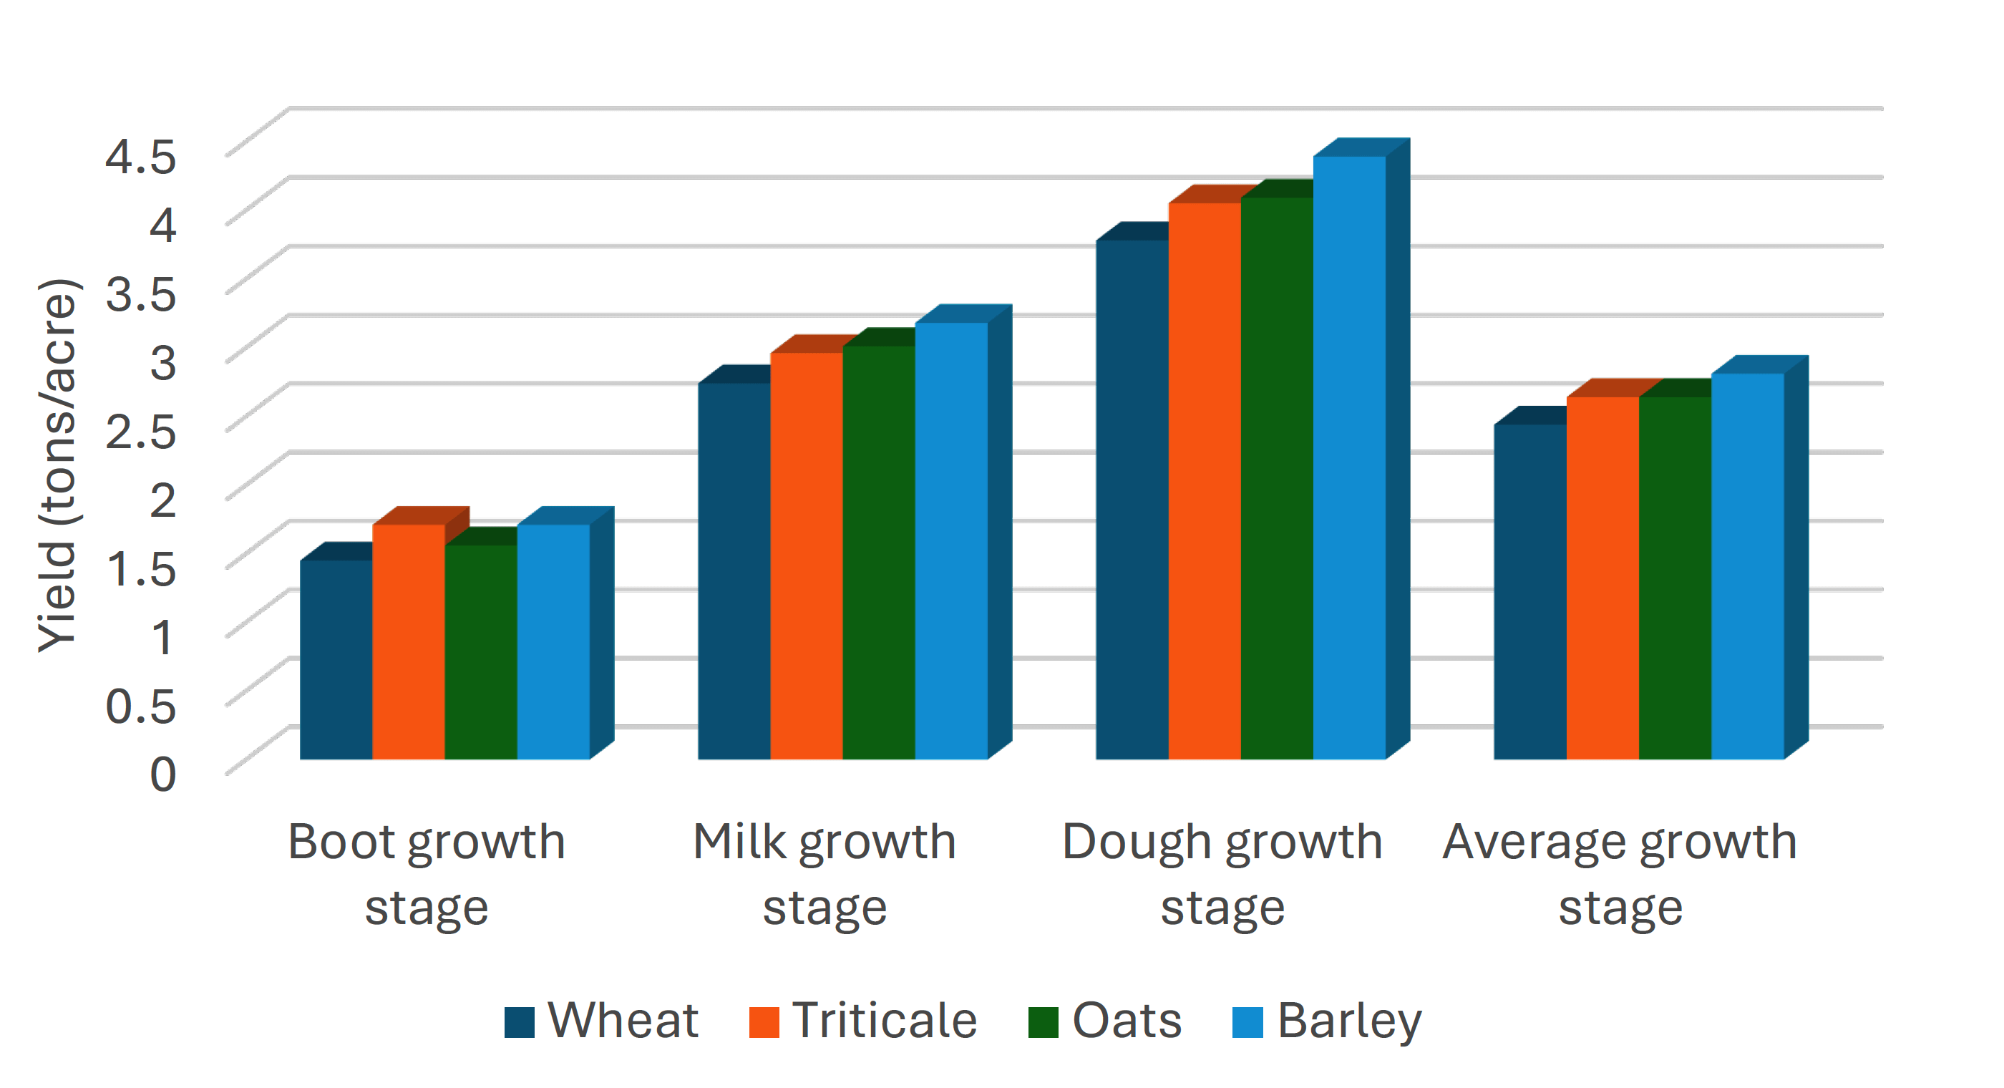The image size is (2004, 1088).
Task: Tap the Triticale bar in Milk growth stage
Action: coord(807,555)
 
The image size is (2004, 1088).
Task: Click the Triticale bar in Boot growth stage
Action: coord(409,641)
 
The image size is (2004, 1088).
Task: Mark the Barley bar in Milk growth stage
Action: coord(950,540)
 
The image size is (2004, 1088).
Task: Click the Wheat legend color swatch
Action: coord(519,1022)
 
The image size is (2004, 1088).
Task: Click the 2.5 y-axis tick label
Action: coord(141,430)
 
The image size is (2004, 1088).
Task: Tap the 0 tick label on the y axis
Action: coord(162,774)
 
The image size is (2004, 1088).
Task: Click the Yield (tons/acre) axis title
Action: coord(57,465)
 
